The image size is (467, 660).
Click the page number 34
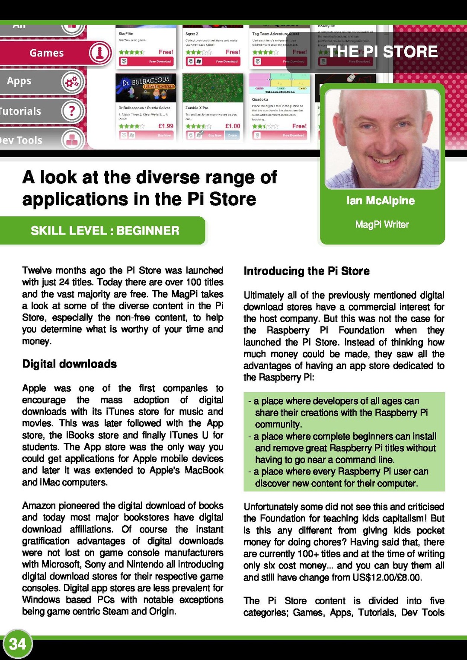[18, 644]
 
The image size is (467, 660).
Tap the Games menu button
[47, 53]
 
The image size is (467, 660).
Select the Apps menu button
[19, 81]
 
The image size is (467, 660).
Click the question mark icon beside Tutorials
[72, 111]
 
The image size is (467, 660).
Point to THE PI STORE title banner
[382, 52]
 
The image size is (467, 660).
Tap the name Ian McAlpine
[381, 200]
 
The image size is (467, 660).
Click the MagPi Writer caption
[382, 224]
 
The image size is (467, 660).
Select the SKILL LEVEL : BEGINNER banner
[105, 231]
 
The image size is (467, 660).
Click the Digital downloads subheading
[70, 364]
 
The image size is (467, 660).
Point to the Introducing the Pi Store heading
[307, 271]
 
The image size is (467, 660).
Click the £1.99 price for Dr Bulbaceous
[166, 126]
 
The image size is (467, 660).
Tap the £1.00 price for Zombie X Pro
[233, 126]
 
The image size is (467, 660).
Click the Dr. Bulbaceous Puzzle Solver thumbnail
[146, 88]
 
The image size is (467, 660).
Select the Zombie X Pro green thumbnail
[213, 88]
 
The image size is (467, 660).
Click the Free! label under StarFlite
[166, 52]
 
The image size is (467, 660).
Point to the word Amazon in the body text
[39, 505]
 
